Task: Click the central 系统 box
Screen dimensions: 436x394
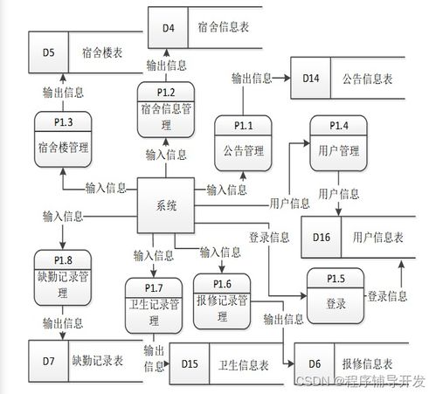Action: (x=166, y=205)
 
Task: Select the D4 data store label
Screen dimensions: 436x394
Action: (x=168, y=28)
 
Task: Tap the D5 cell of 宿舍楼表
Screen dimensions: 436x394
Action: (x=48, y=52)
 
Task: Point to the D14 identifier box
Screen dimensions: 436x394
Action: (x=311, y=78)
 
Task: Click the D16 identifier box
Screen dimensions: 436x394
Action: (x=322, y=237)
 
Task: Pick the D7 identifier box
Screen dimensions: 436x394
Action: (x=48, y=361)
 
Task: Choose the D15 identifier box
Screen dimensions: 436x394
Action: (x=190, y=363)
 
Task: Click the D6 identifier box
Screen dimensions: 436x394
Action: (x=315, y=363)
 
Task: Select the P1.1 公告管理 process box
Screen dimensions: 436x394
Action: (x=243, y=143)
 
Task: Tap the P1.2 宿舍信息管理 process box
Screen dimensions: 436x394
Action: (x=166, y=109)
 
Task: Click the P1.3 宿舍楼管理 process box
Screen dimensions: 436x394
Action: (x=63, y=139)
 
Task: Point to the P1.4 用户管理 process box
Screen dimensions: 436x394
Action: (x=338, y=143)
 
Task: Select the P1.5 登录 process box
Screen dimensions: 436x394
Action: (x=336, y=296)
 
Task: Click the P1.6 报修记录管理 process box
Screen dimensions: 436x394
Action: (x=222, y=301)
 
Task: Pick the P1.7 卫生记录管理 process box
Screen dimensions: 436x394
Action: (x=154, y=306)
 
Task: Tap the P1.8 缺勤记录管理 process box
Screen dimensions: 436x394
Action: (x=63, y=278)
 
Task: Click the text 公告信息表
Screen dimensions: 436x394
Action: (x=367, y=79)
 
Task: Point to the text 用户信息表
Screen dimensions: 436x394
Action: (x=377, y=238)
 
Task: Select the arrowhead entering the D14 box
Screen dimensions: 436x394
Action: (x=287, y=78)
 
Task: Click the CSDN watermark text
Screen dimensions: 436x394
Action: (x=361, y=381)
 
